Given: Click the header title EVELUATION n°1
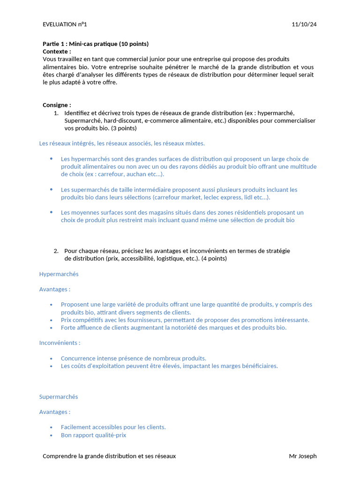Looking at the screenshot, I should [x=65, y=24].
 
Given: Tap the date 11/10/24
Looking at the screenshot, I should [x=304, y=24].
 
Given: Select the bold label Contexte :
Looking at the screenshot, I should [x=57, y=52].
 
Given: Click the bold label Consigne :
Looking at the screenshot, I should [x=57, y=105].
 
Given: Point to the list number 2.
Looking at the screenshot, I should [x=56, y=251].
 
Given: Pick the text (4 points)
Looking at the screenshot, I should [x=214, y=258].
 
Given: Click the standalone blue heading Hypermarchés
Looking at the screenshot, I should [x=59, y=274].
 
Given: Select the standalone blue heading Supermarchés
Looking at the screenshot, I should [x=59, y=397].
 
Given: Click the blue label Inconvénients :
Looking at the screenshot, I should [x=60, y=343].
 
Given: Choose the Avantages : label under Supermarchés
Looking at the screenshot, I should [x=55, y=412].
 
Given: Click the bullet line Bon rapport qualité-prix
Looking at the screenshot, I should [x=93, y=435].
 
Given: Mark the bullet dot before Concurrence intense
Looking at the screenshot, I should [x=51, y=358].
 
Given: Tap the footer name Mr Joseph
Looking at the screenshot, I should [x=303, y=456].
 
